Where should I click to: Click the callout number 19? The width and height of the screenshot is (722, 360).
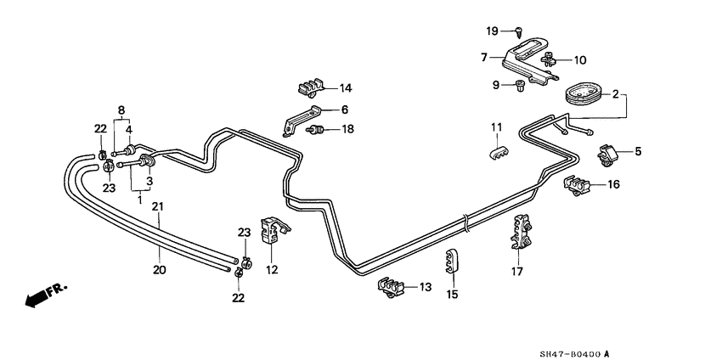pos(492,31)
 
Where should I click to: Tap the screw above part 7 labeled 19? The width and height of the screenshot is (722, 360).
pos(518,31)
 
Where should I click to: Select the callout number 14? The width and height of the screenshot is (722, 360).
pos(345,88)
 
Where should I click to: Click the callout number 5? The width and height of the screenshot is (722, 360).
pos(638,152)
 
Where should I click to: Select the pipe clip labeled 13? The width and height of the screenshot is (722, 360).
pos(390,289)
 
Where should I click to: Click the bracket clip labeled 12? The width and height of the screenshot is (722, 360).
pos(271,231)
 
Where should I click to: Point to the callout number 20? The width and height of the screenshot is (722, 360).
pos(160,270)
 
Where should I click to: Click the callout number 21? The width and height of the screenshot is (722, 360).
pos(157,206)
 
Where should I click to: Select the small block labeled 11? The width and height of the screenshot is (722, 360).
pos(498,150)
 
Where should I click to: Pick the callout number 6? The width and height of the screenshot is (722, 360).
pos(345,110)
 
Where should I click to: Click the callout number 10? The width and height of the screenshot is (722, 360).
pos(580,59)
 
